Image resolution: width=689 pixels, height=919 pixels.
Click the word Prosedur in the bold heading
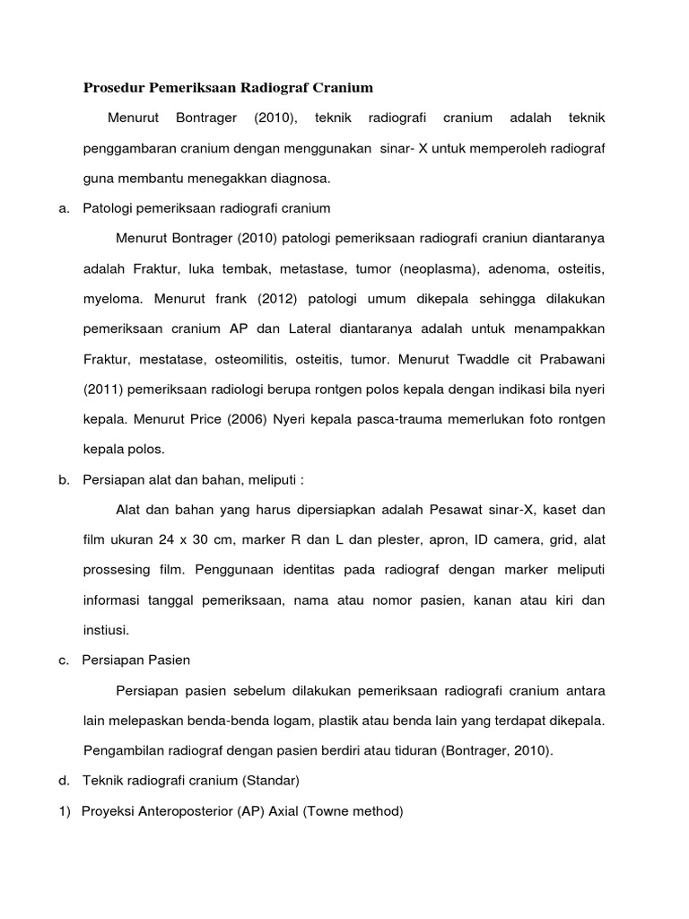coord(116,88)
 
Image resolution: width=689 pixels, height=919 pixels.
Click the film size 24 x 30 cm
coord(179,540)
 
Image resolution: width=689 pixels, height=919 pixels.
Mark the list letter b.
coord(64,480)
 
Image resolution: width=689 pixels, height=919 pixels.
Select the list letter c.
coord(64,661)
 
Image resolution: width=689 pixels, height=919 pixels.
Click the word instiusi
coord(107,631)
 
